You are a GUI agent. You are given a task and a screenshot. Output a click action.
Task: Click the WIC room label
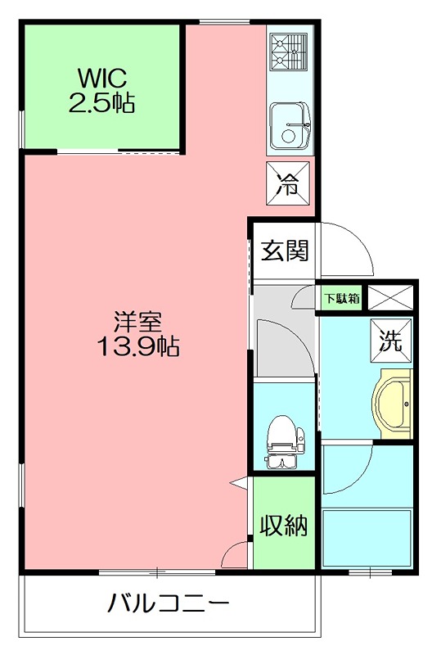tap(101, 78)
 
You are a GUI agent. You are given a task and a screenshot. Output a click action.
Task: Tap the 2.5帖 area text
tap(101, 103)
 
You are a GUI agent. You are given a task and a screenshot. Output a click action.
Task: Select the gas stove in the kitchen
tap(289, 52)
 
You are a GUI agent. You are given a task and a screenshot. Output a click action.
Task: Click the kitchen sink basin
tap(290, 126)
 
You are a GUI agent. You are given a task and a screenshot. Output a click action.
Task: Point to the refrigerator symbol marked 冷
tap(288, 183)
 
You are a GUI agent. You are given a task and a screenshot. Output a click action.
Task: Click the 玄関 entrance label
tap(285, 251)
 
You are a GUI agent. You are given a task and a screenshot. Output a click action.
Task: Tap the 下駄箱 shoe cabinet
tap(342, 298)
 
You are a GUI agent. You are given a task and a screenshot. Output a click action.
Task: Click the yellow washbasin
tap(393, 404)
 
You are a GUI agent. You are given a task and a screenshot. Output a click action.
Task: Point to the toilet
tap(286, 441)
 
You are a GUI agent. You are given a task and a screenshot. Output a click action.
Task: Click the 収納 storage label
tap(284, 526)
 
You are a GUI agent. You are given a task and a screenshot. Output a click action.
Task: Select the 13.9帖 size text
tap(138, 346)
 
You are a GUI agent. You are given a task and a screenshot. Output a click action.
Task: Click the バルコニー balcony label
tap(169, 603)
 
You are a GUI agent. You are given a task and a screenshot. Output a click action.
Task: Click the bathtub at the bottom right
tap(367, 538)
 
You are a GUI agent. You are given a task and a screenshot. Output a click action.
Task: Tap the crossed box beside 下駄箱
tap(390, 298)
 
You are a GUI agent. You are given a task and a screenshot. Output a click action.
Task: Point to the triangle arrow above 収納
tap(239, 483)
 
